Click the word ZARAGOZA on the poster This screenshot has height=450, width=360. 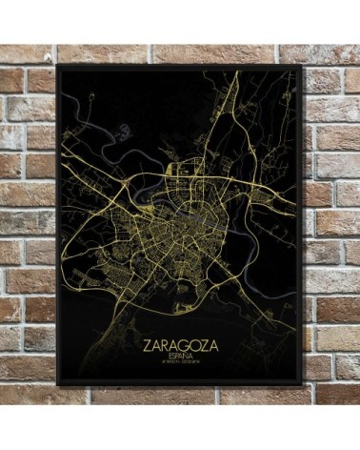(x=186, y=338)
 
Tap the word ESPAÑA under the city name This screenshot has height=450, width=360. (x=186, y=351)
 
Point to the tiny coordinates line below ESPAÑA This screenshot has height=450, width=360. (x=186, y=359)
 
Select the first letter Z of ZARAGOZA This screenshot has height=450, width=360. (x=150, y=338)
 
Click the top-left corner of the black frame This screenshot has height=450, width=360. (x=59, y=67)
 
